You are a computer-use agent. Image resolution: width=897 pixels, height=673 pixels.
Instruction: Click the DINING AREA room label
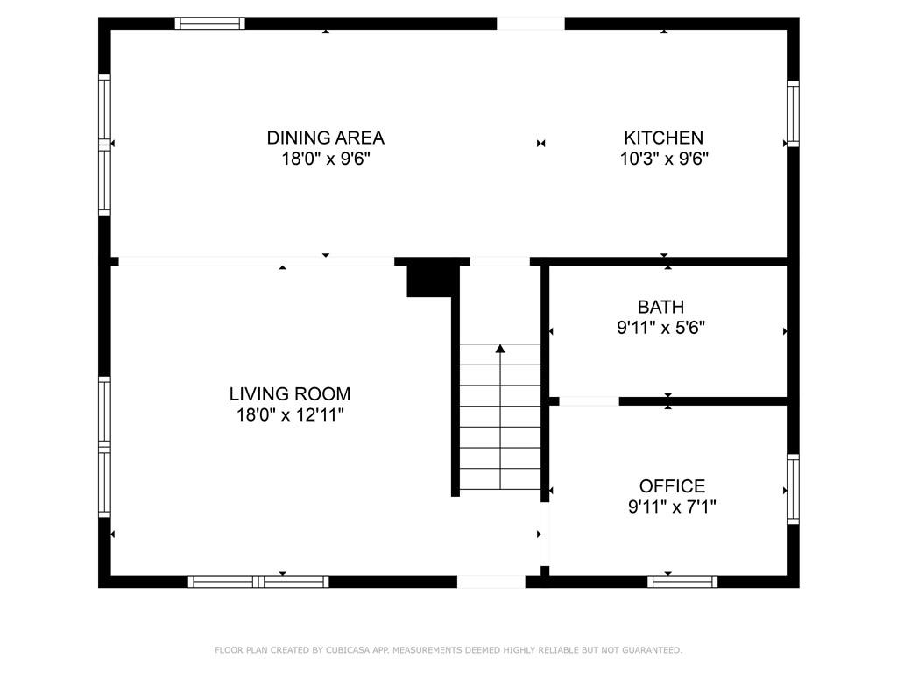(325, 138)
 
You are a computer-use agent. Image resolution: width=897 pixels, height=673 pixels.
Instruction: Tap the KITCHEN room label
(663, 138)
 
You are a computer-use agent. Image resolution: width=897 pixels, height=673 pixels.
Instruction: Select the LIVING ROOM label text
(289, 394)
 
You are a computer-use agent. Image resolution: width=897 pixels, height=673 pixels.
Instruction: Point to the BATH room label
(660, 307)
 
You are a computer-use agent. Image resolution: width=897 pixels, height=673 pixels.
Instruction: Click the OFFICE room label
(672, 486)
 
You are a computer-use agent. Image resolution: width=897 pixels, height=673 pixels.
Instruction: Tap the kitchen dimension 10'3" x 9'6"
(665, 159)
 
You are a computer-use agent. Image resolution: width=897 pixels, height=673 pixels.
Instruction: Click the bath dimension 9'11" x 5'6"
(660, 328)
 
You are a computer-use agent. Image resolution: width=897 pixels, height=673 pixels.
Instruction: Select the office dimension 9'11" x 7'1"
(672, 507)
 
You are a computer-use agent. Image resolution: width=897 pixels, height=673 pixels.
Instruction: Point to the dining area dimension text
(325, 159)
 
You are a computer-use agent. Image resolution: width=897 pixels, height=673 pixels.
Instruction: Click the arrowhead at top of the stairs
(500, 349)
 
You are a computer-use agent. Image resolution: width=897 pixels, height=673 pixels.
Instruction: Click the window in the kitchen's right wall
(793, 113)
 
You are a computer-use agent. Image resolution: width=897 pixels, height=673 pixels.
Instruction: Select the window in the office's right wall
(793, 488)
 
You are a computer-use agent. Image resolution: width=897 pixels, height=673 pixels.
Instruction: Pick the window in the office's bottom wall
(682, 581)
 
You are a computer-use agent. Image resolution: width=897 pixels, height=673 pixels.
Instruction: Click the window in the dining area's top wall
(209, 24)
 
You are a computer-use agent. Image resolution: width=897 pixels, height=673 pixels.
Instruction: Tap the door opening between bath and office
(589, 401)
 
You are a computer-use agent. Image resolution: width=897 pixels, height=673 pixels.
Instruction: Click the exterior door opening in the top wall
(531, 24)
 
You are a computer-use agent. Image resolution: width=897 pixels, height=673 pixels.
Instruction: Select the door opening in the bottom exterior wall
(491, 581)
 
